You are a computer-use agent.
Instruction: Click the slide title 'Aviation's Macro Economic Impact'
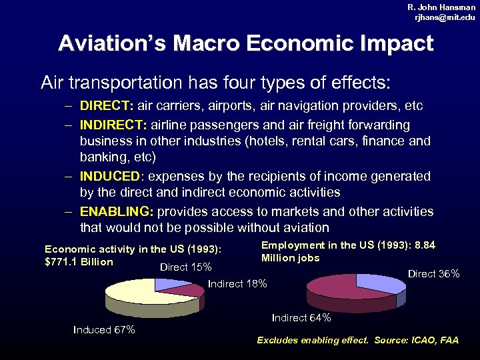(x=245, y=44)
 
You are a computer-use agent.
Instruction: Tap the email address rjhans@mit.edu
(x=445, y=17)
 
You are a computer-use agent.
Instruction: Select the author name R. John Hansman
(x=441, y=7)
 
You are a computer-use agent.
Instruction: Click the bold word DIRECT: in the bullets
(x=107, y=106)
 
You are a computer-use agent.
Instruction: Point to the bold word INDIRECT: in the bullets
(x=114, y=125)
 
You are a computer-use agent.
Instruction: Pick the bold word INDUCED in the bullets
(x=110, y=177)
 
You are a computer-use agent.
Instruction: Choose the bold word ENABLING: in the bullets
(x=117, y=211)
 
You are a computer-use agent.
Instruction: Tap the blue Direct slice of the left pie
(x=170, y=284)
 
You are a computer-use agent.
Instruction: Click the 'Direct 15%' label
(x=186, y=267)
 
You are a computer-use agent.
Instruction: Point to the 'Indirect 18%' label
(x=237, y=285)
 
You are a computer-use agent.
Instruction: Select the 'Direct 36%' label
(x=433, y=273)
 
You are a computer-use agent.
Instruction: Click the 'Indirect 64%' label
(x=301, y=318)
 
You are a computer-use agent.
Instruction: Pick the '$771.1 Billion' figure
(x=79, y=261)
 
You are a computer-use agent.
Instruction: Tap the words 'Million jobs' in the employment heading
(x=290, y=258)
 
